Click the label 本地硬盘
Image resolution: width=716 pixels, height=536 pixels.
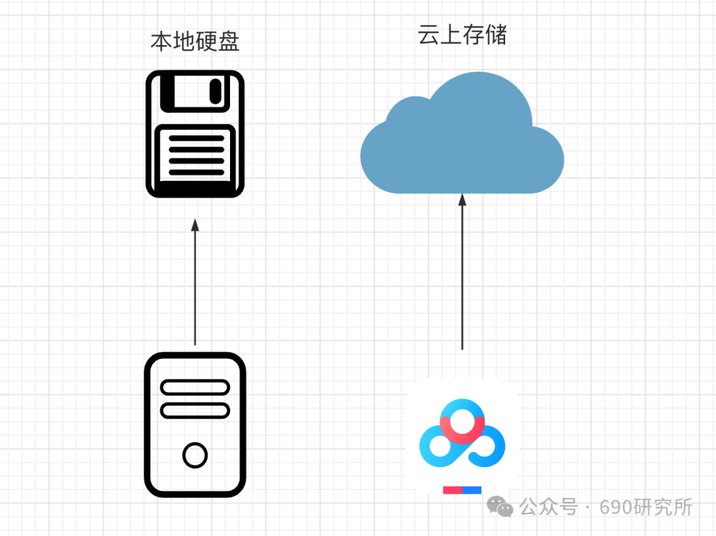[x=195, y=42]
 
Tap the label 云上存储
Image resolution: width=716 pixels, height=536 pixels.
[x=462, y=35]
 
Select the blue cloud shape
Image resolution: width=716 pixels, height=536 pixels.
[x=462, y=143]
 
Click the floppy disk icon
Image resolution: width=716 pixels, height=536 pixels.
[x=195, y=135]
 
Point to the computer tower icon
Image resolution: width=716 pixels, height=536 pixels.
[x=195, y=425]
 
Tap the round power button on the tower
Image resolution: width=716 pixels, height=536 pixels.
[x=195, y=455]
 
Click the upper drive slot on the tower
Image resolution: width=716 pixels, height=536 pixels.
[x=195, y=387]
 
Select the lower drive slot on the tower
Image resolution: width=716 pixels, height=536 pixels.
[x=195, y=410]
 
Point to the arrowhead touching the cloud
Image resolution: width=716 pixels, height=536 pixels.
[x=462, y=198]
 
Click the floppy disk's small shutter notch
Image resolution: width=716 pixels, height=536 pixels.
[x=216, y=91]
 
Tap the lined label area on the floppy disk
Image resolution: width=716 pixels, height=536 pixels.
[x=195, y=156]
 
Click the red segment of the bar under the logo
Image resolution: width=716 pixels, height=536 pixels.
[x=452, y=490]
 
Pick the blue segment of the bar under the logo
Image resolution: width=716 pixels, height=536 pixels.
[x=472, y=490]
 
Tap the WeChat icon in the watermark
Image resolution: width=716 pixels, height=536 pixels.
[x=500, y=507]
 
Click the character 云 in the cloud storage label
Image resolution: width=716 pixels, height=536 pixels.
[x=428, y=35]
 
